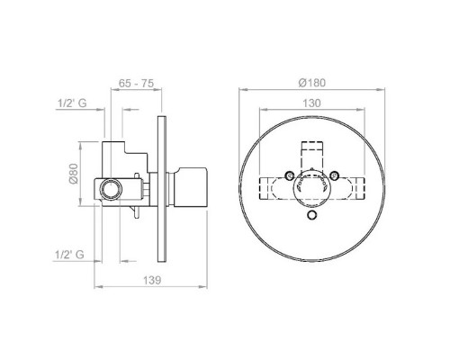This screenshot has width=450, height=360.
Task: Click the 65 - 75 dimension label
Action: click(x=136, y=83)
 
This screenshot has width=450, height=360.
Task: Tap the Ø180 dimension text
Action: click(x=312, y=83)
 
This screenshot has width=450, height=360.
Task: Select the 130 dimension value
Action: click(x=311, y=103)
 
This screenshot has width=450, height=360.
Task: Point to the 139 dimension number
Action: click(x=152, y=280)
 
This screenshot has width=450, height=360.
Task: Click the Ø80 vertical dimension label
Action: click(x=74, y=173)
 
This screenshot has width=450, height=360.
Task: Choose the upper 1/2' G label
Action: click(x=72, y=103)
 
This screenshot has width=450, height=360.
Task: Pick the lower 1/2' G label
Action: click(x=69, y=255)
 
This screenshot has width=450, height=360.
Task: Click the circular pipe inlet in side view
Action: click(x=111, y=189)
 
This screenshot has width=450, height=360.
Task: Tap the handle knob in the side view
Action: click(x=191, y=186)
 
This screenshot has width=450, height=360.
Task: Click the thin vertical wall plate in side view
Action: click(x=162, y=189)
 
